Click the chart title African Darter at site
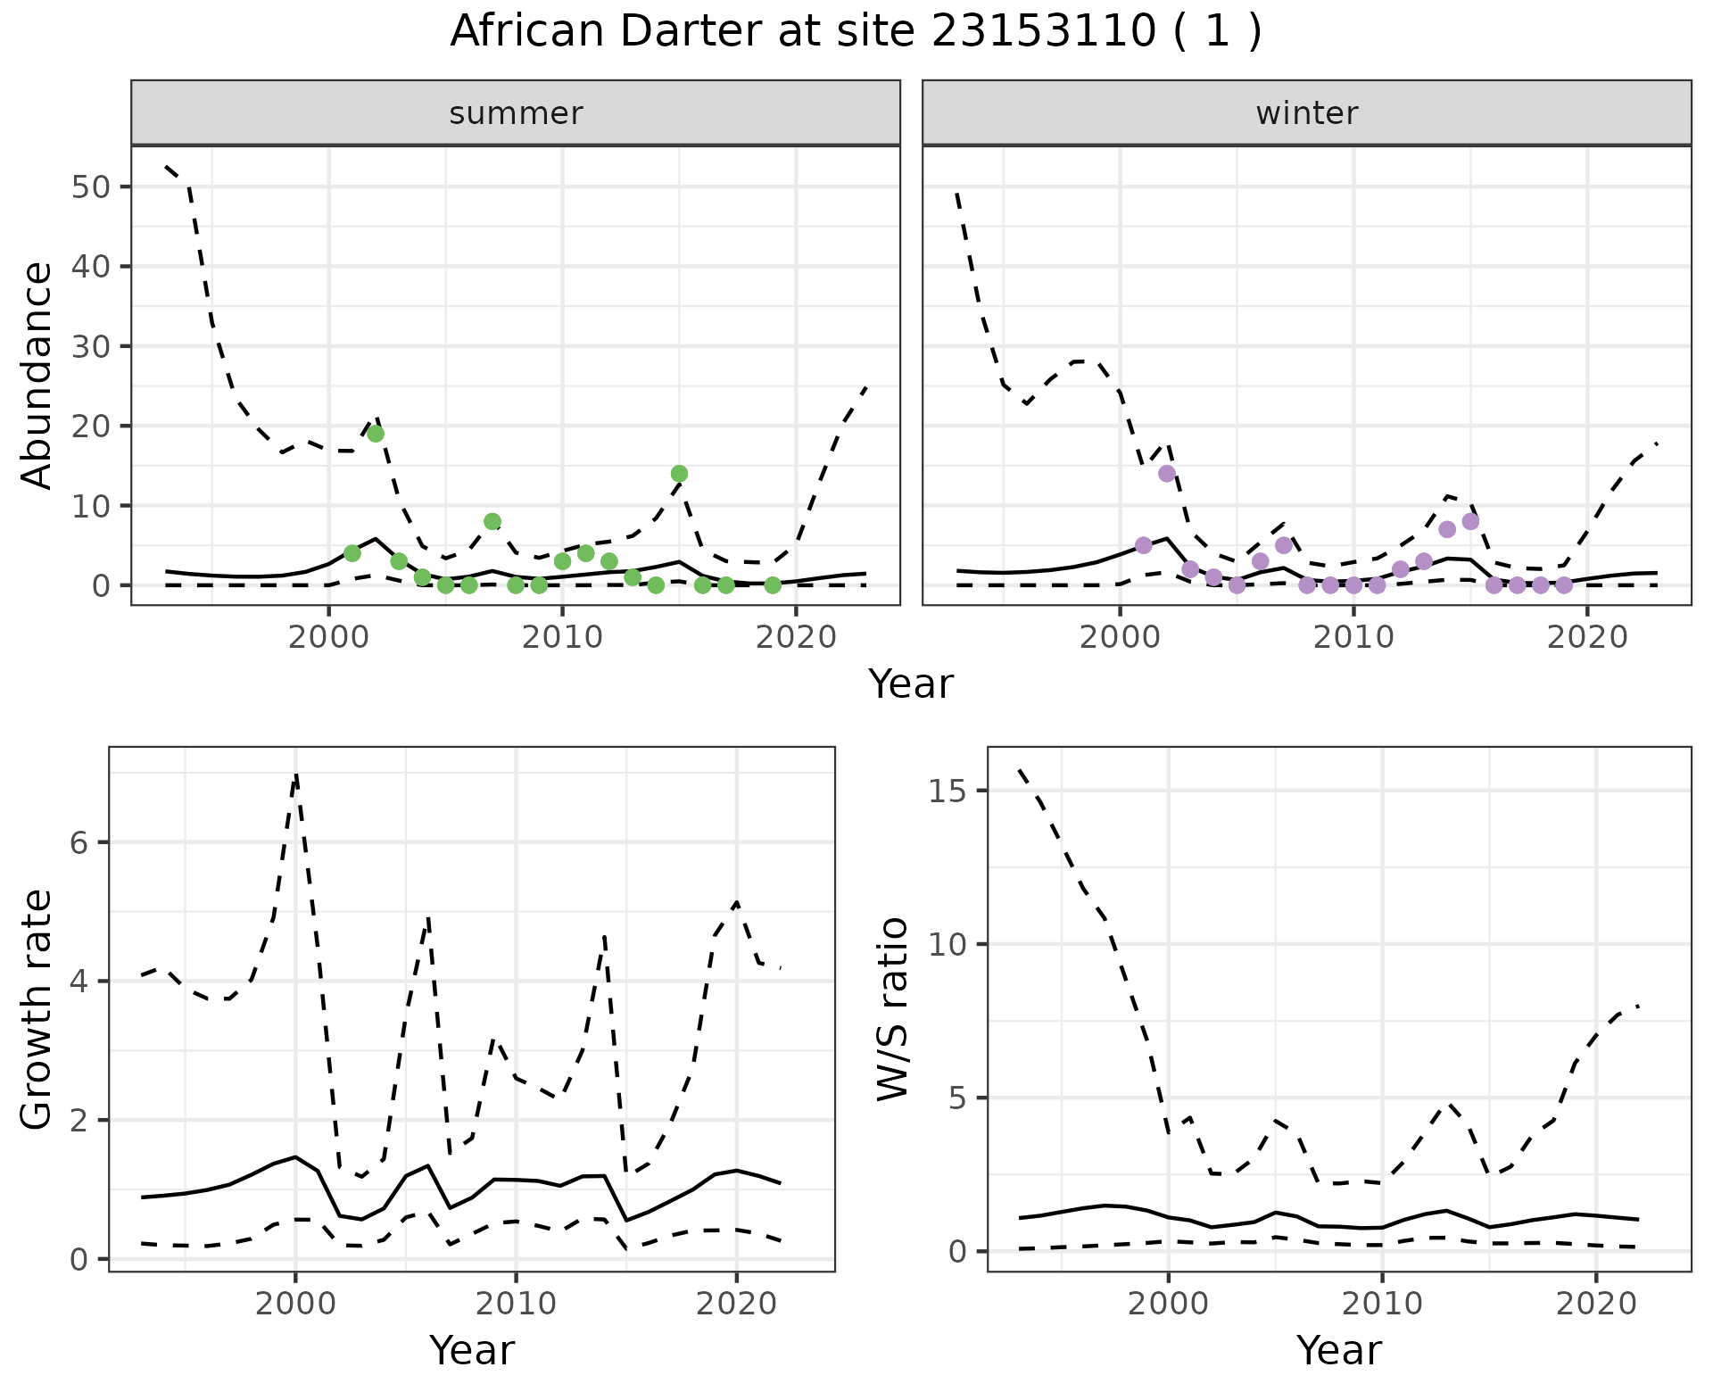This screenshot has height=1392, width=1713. tap(855, 32)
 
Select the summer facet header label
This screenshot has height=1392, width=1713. tap(516, 113)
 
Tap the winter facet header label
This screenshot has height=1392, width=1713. tap(1306, 113)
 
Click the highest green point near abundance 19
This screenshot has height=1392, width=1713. tap(376, 434)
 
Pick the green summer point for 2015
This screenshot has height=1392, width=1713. tap(679, 474)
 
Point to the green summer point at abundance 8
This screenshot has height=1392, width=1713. tap(492, 521)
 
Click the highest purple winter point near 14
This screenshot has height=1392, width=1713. tap(1167, 474)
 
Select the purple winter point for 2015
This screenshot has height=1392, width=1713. tap(1471, 521)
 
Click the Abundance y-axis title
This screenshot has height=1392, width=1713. tap(37, 375)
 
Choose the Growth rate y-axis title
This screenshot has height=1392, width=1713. tap(37, 1010)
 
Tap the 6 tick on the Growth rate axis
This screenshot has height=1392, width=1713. tap(79, 842)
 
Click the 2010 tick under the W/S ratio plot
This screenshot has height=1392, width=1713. tap(1382, 1304)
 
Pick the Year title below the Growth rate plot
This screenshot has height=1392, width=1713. tap(472, 1350)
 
